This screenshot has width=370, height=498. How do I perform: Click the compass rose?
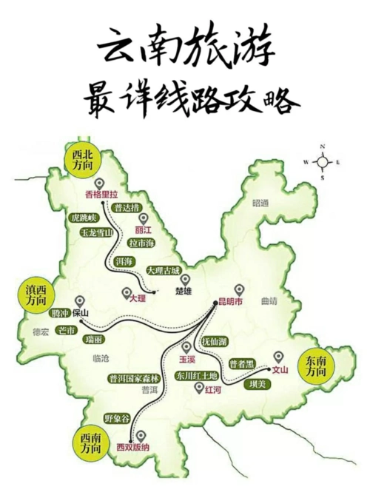pos(323,161)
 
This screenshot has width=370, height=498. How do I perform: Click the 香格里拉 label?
pos(101,195)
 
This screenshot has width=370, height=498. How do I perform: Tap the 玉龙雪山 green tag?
pos(95,232)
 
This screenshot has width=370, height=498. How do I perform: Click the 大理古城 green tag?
pos(163,271)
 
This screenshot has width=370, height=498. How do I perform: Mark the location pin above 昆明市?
pos(238,289)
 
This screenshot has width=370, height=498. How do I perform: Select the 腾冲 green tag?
pos(63,313)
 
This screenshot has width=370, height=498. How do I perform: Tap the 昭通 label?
pos(259,202)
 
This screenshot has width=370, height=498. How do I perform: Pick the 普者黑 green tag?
pos(241,363)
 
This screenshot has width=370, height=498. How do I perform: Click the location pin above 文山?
pos(278,355)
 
